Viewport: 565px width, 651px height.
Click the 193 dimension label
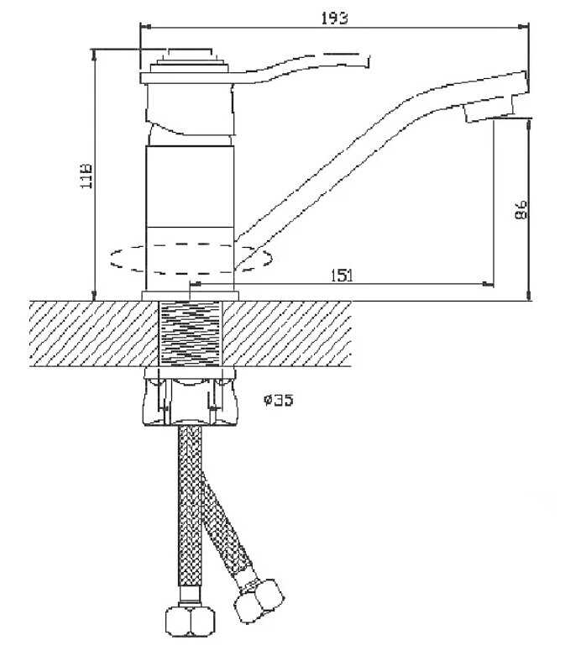click(334, 17)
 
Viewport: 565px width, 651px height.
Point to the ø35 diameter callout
click(278, 401)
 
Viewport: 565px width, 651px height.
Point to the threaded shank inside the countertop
click(191, 332)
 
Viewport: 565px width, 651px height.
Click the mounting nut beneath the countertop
click(191, 396)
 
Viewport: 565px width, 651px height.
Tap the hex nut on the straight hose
click(191, 620)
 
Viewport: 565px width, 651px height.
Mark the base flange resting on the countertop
click(191, 294)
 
